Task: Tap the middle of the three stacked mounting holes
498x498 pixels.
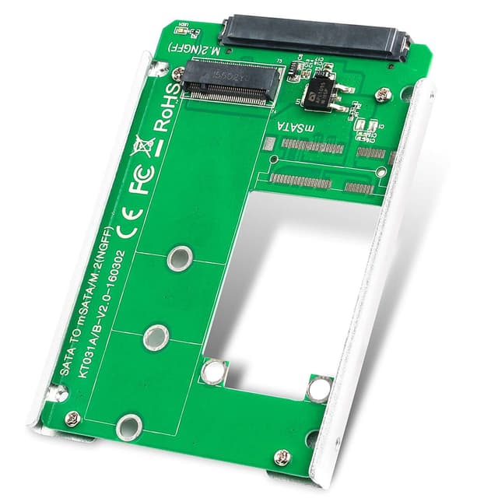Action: [156, 336]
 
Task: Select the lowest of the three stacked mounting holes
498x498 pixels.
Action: [128, 426]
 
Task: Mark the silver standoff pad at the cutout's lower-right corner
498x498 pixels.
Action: [318, 388]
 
